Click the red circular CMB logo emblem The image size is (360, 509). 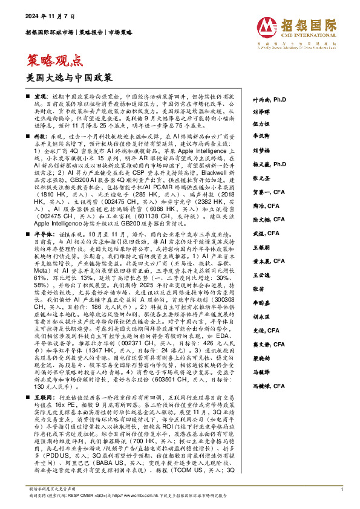[x=266, y=26]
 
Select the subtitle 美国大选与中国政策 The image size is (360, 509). [x=62, y=79]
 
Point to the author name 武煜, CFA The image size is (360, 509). [x=261, y=233]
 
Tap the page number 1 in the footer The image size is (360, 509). [x=342, y=488]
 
